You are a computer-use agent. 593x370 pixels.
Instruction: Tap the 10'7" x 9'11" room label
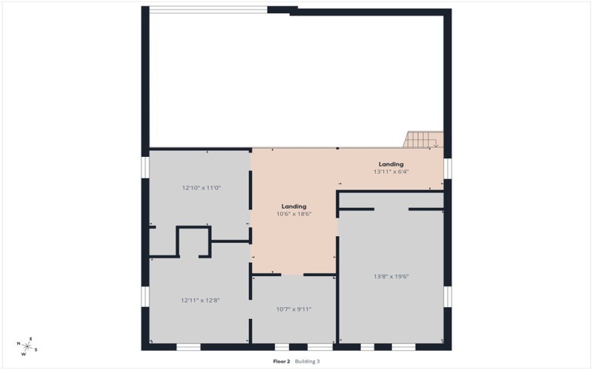point(294,309)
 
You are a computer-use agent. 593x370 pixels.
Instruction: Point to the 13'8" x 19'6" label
point(391,277)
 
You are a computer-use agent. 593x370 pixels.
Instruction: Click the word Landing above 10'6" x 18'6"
point(294,206)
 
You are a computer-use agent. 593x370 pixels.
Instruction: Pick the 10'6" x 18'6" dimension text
point(294,214)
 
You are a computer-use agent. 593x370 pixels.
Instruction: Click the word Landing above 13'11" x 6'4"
point(391,164)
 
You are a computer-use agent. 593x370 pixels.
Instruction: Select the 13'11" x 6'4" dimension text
point(391,172)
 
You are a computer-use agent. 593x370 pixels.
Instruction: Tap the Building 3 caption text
point(308,361)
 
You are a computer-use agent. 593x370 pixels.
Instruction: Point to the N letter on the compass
point(18,343)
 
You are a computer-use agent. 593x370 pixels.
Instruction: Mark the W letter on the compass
point(23,354)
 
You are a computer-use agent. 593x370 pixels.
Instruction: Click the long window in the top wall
point(208,10)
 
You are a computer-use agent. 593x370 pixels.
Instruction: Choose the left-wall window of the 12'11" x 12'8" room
point(145,295)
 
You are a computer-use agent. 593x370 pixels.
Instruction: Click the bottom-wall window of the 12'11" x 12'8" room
point(188,346)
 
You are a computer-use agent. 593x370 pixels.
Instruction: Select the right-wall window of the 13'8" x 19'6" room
point(448,296)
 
